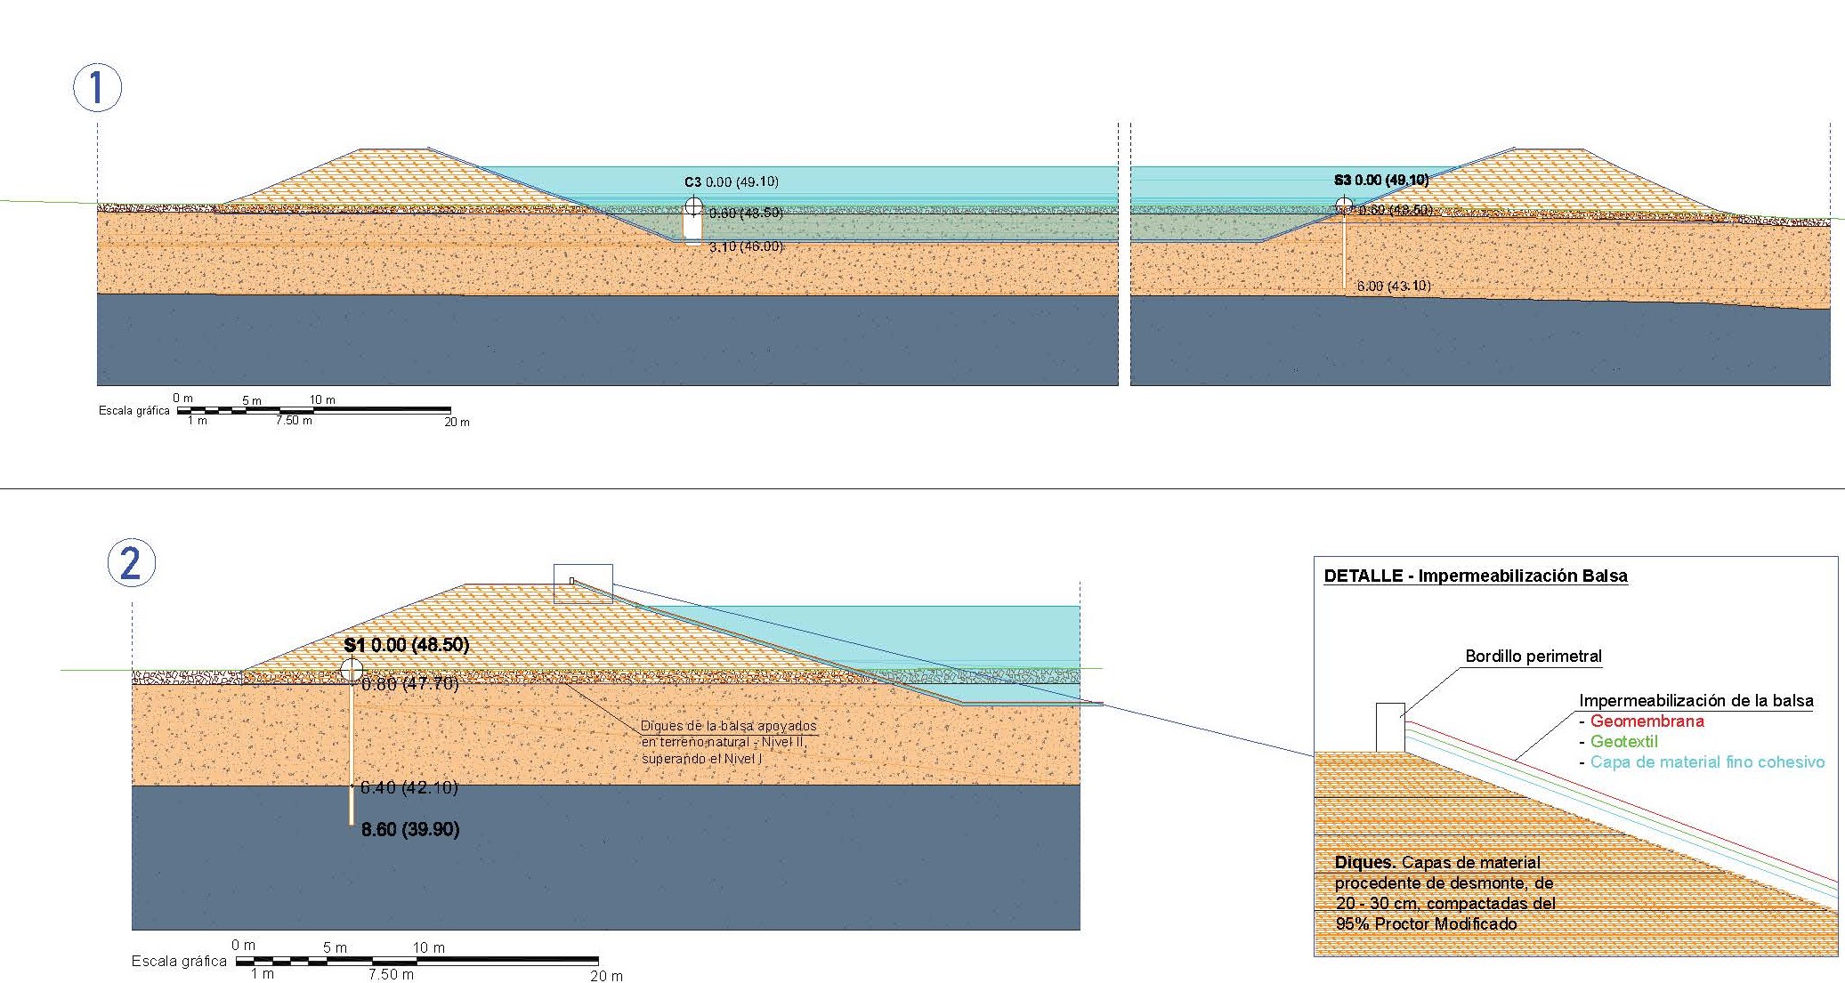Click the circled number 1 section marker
96,87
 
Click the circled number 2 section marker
131,563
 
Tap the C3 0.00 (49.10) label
732,182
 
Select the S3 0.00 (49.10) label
1380,181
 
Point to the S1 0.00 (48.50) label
407,645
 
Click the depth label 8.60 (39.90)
410,830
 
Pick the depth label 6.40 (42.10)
409,787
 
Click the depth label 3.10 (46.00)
746,246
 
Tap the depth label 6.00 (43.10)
1393,286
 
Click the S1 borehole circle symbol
352,670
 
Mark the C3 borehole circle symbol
694,208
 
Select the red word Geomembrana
1647,721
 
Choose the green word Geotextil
1623,742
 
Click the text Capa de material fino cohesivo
1707,762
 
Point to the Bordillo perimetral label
1533,657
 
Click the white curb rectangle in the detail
1390,727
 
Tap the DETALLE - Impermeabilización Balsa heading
1475,576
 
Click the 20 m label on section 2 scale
606,976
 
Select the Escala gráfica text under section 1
134,411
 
